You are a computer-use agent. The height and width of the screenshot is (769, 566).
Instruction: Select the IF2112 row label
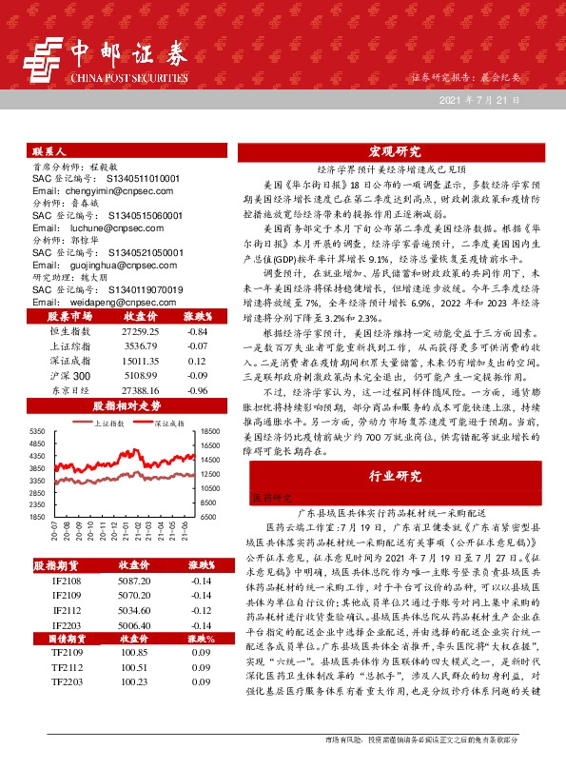click(67, 610)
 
